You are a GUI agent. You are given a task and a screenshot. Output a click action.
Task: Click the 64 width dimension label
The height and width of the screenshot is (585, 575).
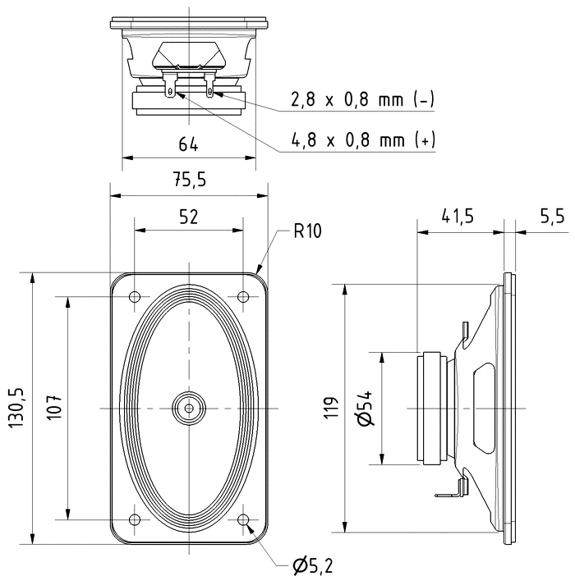[x=188, y=144]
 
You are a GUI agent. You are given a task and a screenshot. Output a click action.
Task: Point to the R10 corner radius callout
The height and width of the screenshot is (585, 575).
[x=307, y=231]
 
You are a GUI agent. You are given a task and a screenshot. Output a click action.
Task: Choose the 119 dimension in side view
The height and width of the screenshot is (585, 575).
[x=331, y=407]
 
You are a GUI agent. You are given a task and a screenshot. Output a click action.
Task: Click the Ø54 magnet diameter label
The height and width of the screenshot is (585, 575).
[x=367, y=408]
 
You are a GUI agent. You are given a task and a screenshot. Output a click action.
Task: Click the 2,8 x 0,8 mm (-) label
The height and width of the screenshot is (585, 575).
[x=362, y=100]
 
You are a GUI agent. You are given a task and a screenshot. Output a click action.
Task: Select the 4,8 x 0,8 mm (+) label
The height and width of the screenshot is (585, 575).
[x=362, y=140]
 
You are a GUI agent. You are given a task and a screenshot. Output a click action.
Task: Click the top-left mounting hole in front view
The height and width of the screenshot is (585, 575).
[x=135, y=296]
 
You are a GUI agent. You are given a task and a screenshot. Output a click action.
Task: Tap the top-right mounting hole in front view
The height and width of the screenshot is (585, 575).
[x=243, y=296]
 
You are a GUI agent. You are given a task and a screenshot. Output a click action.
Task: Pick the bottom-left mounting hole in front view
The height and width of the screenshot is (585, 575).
[x=135, y=519]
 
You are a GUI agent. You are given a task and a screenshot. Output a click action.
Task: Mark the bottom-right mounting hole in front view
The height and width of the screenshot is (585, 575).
[x=243, y=519]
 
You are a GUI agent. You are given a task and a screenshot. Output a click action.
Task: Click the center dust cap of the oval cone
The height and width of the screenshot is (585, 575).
[x=189, y=407]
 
